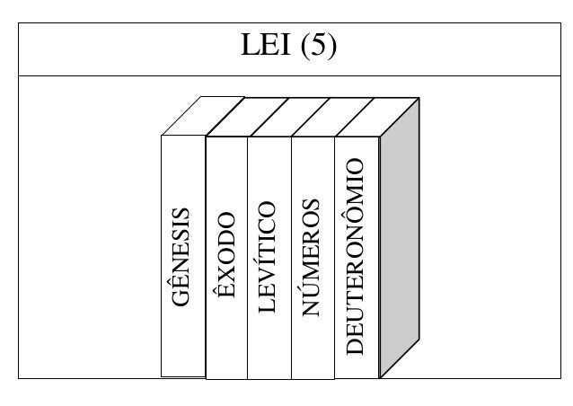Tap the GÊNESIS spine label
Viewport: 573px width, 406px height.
pos(181,256)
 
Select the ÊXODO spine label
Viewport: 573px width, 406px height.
pos(226,256)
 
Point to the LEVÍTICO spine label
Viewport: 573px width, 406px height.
pos(269,256)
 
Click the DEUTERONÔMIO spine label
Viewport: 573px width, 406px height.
pos(357,256)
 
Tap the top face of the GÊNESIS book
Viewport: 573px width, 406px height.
pos(192,117)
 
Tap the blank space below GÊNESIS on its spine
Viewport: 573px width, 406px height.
pos(182,346)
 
